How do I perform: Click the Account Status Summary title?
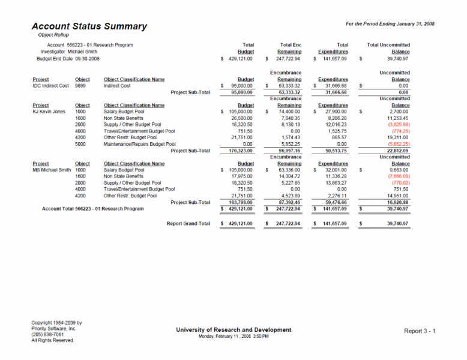(89, 26)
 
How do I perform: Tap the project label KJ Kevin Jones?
(49, 112)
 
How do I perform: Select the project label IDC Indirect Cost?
(51, 86)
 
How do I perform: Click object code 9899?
(80, 86)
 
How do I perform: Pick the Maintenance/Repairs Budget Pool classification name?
(139, 144)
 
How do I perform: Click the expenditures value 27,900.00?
(334, 112)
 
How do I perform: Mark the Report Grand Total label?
(188, 223)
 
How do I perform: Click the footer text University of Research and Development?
(233, 330)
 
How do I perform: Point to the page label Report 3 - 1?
(420, 331)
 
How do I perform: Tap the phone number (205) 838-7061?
(47, 334)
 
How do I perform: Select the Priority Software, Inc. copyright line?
(54, 329)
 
